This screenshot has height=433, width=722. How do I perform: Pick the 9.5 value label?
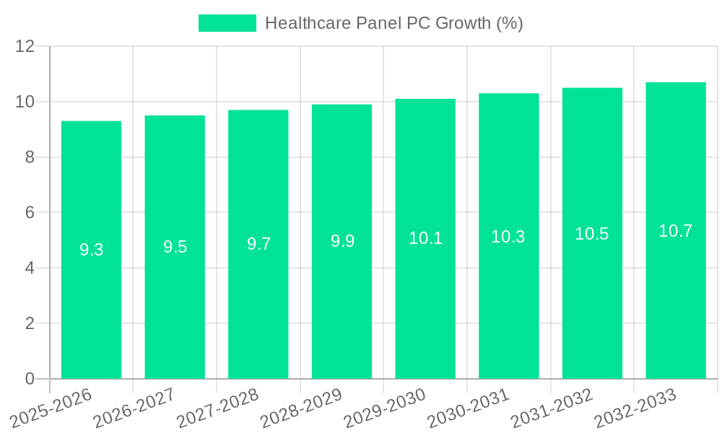(x=175, y=247)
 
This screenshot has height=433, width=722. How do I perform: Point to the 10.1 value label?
(x=425, y=238)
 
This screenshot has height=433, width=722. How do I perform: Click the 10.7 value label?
(x=675, y=231)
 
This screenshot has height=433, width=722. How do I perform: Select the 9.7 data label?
(x=258, y=244)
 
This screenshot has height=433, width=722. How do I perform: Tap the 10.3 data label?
(x=508, y=236)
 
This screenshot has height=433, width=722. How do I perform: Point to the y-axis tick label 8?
(x=30, y=157)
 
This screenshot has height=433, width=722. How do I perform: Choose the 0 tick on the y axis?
(x=30, y=379)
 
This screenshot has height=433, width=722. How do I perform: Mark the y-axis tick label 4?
(x=30, y=268)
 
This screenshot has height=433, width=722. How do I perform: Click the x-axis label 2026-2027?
(x=134, y=408)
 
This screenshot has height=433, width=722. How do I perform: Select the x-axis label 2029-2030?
(x=384, y=408)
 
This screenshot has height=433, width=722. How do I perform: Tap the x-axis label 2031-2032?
(x=551, y=408)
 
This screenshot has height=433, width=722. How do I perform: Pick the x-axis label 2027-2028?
(x=217, y=408)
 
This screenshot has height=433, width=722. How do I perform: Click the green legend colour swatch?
(x=227, y=23)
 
